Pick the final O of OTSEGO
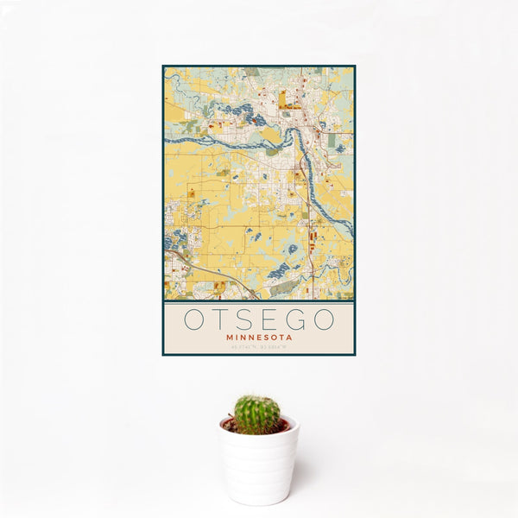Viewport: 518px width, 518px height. pos(323,320)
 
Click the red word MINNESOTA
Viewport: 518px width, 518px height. pos(259,338)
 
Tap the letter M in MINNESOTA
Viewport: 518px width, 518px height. pos(228,338)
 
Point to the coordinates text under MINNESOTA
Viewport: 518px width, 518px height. pos(259,347)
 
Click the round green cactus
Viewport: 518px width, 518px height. pos(257,414)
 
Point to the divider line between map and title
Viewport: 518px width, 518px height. pos(259,300)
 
